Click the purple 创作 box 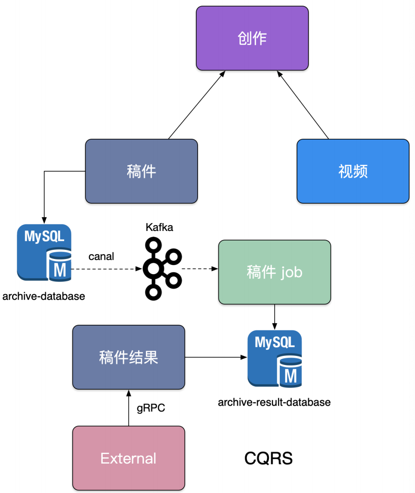pyautogui.click(x=252, y=38)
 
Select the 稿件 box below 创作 pyautogui.click(x=141, y=171)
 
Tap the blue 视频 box pyautogui.click(x=353, y=171)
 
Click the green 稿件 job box pyautogui.click(x=274, y=272)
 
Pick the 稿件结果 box pyautogui.click(x=129, y=357)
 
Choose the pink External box pyautogui.click(x=129, y=458)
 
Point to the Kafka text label pyautogui.click(x=159, y=227)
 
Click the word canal pyautogui.click(x=101, y=256)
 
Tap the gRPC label pyautogui.click(x=151, y=408)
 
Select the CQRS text pyautogui.click(x=268, y=458)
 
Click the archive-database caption pyautogui.click(x=44, y=297)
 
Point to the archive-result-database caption pyautogui.click(x=274, y=402)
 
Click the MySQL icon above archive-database pyautogui.click(x=44, y=253)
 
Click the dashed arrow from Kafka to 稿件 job pyautogui.click(x=199, y=269)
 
